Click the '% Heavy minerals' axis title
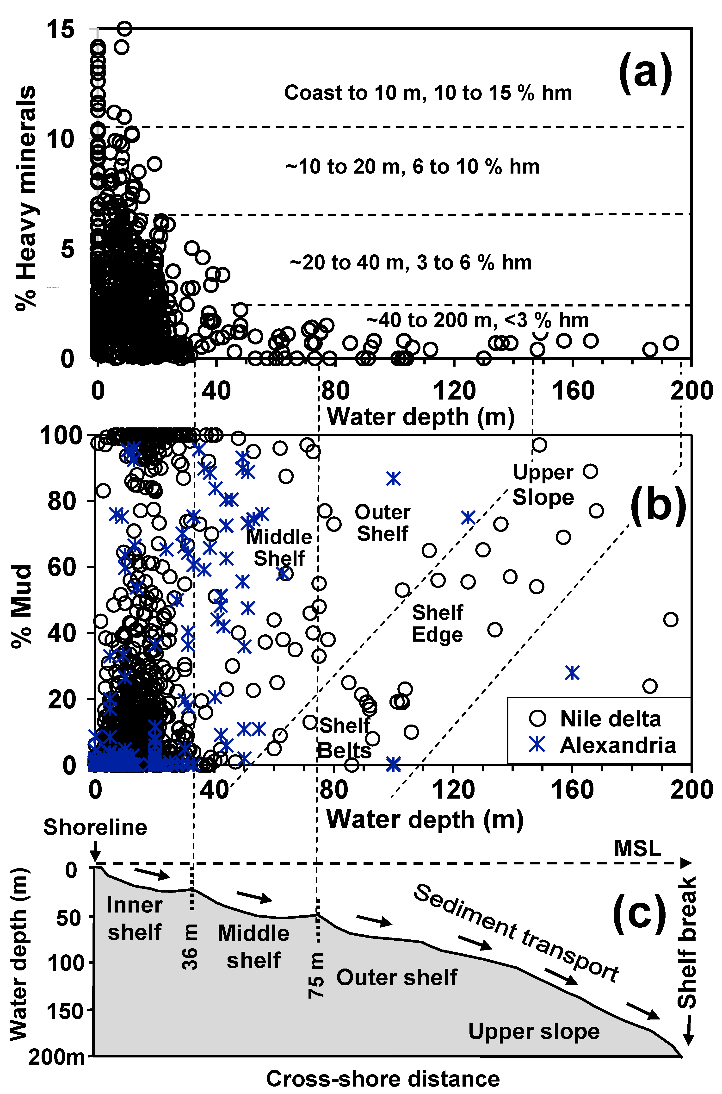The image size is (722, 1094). pyautogui.click(x=26, y=198)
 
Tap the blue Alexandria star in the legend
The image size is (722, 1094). pyautogui.click(x=537, y=745)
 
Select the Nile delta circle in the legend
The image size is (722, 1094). pyautogui.click(x=537, y=718)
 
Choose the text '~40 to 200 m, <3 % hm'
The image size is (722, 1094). pyautogui.click(x=477, y=320)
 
